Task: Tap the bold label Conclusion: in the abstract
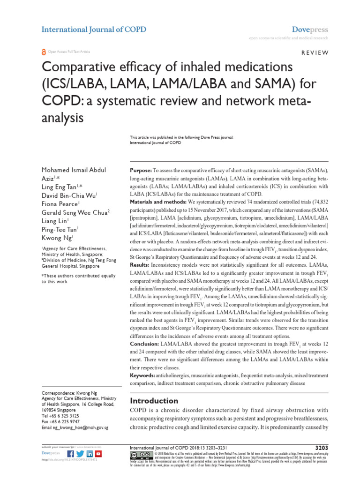[145, 344]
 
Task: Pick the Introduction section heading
[154, 401]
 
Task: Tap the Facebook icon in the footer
[71, 454]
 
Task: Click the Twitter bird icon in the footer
[80, 454]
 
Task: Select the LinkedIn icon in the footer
[90, 454]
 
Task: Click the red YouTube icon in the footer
[98, 454]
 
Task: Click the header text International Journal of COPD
[94, 30]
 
